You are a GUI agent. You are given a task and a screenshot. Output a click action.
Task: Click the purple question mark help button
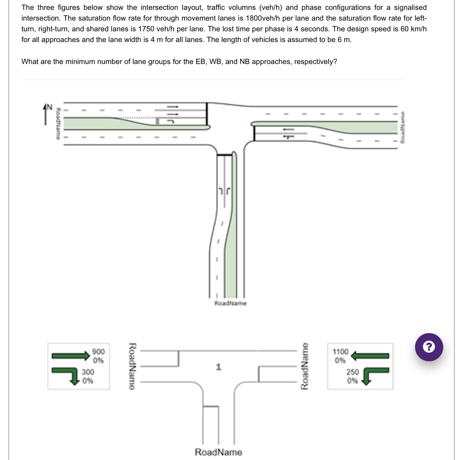click(x=429, y=347)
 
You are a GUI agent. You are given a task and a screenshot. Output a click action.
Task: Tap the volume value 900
click(x=99, y=352)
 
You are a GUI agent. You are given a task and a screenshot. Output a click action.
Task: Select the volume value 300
click(x=88, y=372)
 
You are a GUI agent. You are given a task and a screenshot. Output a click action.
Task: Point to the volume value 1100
click(x=340, y=352)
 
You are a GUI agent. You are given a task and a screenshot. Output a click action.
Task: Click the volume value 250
click(x=353, y=372)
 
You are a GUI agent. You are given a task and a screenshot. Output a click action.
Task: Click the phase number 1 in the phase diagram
click(x=219, y=367)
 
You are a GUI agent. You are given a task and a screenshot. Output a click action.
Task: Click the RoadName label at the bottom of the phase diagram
click(x=218, y=452)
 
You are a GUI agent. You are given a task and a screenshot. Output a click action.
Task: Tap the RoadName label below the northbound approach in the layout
click(x=230, y=303)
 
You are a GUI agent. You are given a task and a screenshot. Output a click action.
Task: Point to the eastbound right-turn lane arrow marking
click(x=171, y=121)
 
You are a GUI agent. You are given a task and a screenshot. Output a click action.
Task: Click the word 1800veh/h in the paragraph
click(x=263, y=18)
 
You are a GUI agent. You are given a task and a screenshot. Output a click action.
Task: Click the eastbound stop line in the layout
click(x=207, y=114)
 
